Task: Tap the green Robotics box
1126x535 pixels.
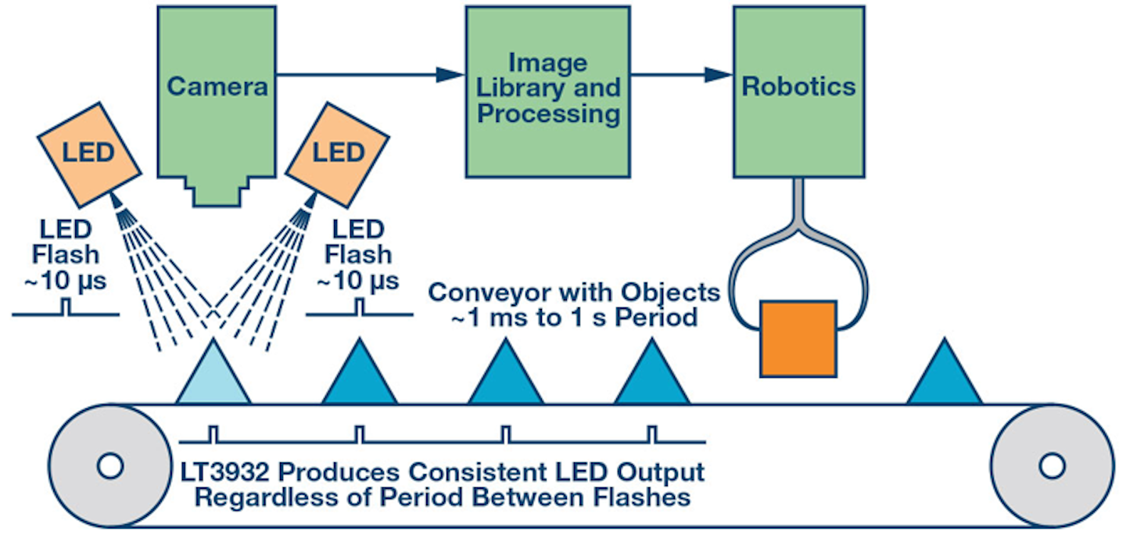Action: (798, 90)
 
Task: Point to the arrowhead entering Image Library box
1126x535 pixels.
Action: (450, 74)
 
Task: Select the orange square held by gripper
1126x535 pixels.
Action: (798, 338)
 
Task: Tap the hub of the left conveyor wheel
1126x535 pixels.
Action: (109, 466)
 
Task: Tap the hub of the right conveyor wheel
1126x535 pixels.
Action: (1051, 466)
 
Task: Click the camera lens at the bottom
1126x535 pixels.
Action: (217, 192)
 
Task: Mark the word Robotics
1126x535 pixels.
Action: (798, 86)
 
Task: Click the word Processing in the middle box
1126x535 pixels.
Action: (548, 114)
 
